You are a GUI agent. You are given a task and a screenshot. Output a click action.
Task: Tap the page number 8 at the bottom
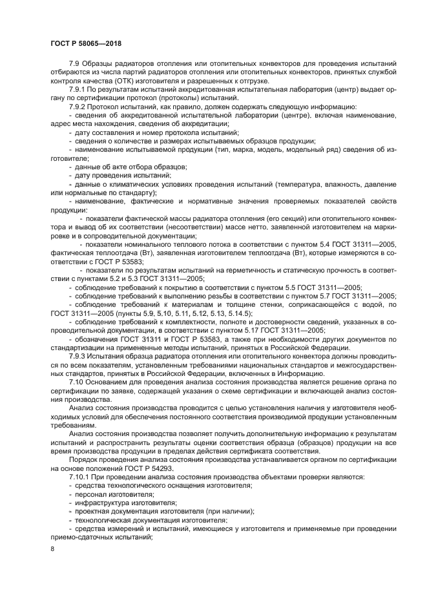53,548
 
